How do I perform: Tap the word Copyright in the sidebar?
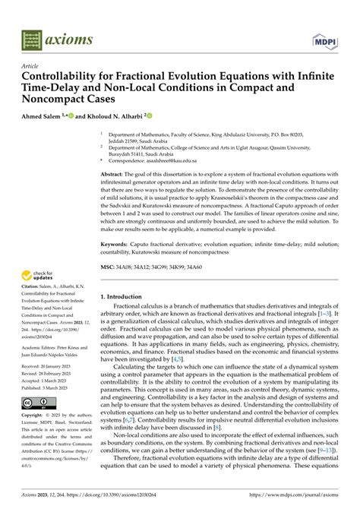coord(34,437)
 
